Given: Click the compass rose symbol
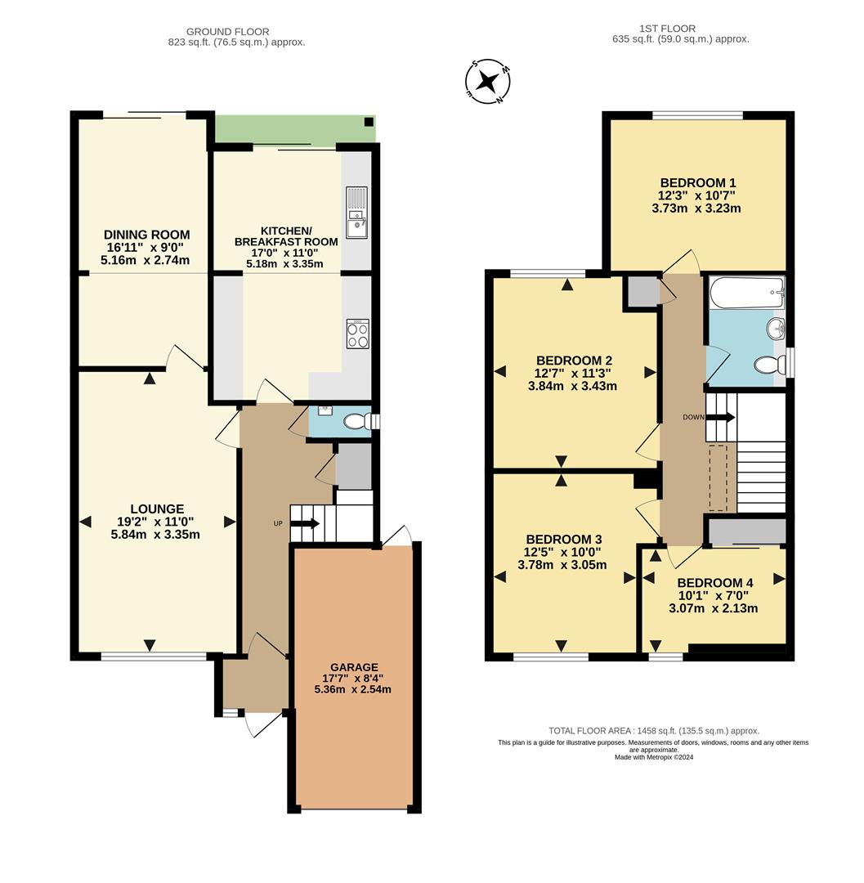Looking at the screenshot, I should tap(488, 81).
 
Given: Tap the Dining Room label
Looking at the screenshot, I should tap(147, 235).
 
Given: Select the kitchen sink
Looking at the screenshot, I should tap(357, 212).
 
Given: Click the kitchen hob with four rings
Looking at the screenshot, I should tap(358, 333).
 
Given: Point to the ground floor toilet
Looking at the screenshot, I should tap(356, 422).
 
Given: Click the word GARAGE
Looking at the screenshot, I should tap(355, 666).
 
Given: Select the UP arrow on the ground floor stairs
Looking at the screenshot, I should tap(305, 523).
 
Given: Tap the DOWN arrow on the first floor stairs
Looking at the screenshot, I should tap(720, 417).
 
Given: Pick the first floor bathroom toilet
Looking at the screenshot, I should tap(768, 365).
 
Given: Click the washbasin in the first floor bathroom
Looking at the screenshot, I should tap(775, 329).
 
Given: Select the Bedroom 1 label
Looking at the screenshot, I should tap(692, 182).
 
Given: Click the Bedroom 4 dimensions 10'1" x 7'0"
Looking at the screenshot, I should tap(713, 595).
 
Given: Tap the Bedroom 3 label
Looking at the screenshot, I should tap(563, 539).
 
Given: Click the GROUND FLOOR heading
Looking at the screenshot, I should tap(216, 32).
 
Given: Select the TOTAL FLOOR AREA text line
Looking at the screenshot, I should tap(653, 731).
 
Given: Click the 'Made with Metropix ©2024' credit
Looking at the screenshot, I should tap(653, 758).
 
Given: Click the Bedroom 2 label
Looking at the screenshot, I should tap(574, 360).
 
